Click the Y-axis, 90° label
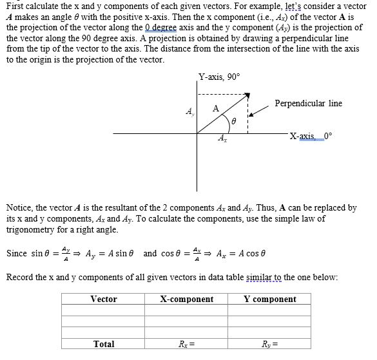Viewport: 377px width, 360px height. click(x=219, y=77)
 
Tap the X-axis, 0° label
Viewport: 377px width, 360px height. click(x=312, y=136)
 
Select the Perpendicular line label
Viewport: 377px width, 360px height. click(x=308, y=104)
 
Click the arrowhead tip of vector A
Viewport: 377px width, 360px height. click(x=247, y=97)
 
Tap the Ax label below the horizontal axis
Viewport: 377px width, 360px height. click(x=222, y=138)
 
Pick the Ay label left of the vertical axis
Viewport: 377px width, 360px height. click(x=189, y=111)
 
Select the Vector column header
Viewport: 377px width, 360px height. click(x=104, y=299)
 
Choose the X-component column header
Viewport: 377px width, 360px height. click(x=187, y=299)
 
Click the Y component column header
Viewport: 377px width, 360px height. click(x=270, y=299)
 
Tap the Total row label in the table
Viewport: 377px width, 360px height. click(x=104, y=344)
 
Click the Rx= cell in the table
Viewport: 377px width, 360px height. click(x=187, y=344)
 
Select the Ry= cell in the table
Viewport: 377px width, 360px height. click(x=270, y=344)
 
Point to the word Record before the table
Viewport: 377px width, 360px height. click(x=20, y=278)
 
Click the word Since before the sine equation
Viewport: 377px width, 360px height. click(x=17, y=253)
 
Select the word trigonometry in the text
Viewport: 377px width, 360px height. click(x=33, y=229)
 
